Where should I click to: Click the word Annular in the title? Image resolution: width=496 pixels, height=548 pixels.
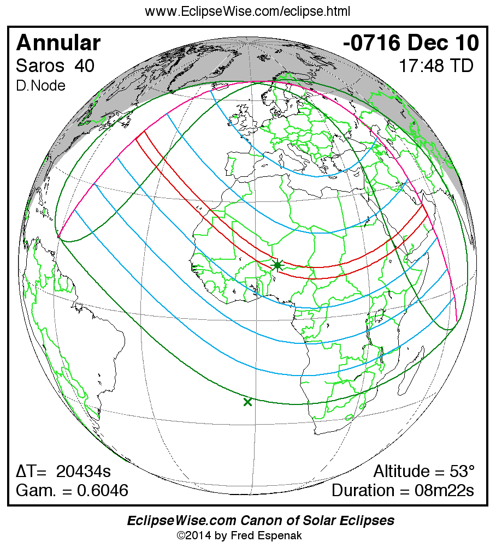58,43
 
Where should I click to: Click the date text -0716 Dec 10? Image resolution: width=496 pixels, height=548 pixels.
411,43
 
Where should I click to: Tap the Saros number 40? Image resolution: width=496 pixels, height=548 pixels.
85,66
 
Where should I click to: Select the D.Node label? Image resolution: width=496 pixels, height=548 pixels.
41,86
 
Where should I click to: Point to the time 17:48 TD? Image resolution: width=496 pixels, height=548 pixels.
435,66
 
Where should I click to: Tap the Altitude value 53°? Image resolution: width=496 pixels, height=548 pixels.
462,471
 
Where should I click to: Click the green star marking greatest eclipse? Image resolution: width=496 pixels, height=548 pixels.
277,265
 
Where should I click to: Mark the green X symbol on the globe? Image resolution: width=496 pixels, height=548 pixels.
247,402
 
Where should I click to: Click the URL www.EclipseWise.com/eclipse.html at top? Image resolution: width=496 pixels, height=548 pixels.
247,11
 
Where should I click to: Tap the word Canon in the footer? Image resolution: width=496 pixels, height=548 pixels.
251,521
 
